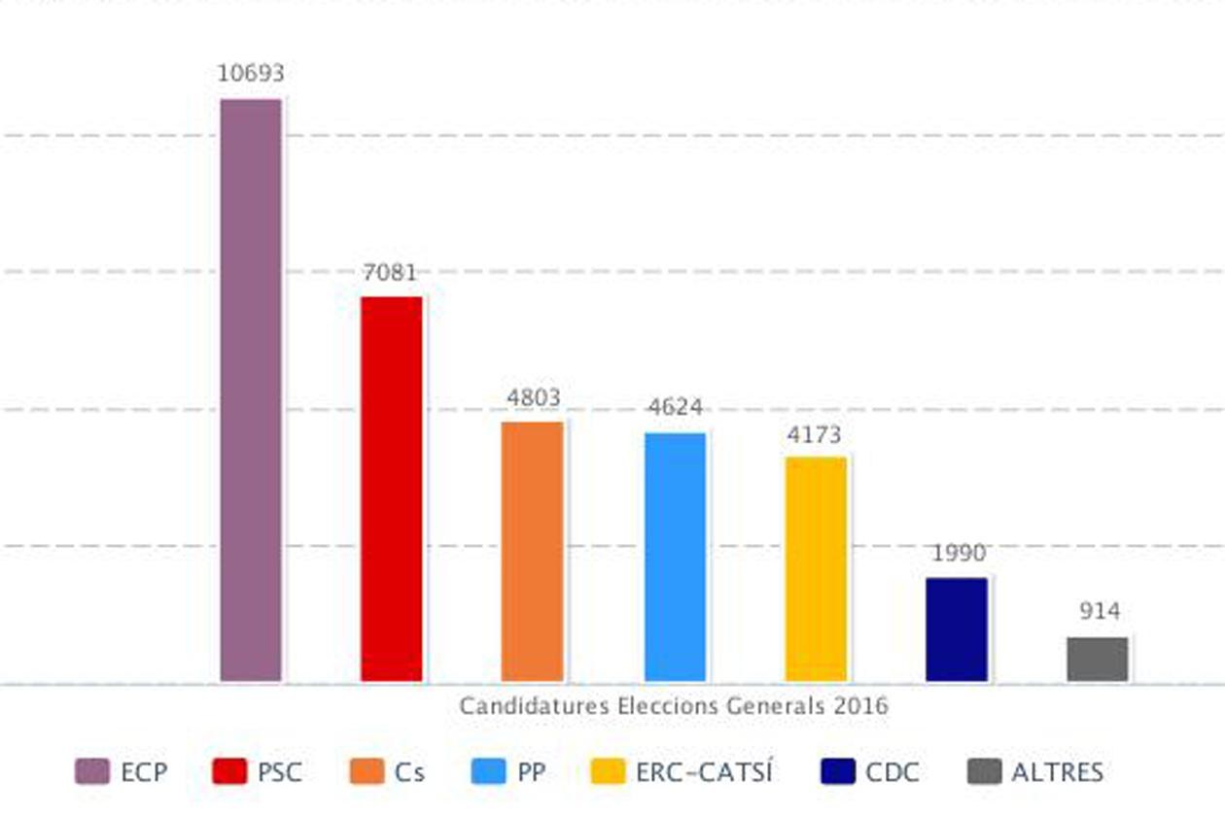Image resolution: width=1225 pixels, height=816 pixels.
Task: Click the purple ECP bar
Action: click(251, 389)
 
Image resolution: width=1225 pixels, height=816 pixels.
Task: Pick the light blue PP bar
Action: click(675, 556)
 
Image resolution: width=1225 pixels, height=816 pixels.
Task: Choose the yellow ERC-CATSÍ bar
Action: click(816, 568)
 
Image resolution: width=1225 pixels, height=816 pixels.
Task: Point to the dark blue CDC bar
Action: click(956, 629)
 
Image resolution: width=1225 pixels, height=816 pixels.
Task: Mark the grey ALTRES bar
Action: click(1098, 659)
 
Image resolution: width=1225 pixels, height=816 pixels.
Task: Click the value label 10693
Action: click(251, 74)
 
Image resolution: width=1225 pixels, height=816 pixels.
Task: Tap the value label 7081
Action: click(390, 273)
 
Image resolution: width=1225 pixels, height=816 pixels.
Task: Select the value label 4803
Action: click(534, 398)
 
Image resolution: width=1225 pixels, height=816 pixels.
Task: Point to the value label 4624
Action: click(675, 408)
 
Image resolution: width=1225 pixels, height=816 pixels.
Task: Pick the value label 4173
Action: click(815, 435)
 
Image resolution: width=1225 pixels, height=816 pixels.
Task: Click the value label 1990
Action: click(959, 554)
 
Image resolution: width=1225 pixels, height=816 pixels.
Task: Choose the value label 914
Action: click(1100, 612)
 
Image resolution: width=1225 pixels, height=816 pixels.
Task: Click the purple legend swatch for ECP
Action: click(92, 772)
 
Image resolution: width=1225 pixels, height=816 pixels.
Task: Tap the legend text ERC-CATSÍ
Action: click(704, 772)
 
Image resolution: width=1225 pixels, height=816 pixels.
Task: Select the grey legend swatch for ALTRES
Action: click(985, 772)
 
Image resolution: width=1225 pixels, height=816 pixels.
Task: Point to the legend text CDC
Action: click(892, 772)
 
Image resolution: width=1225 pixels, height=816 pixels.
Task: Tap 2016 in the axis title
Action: click(861, 706)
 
